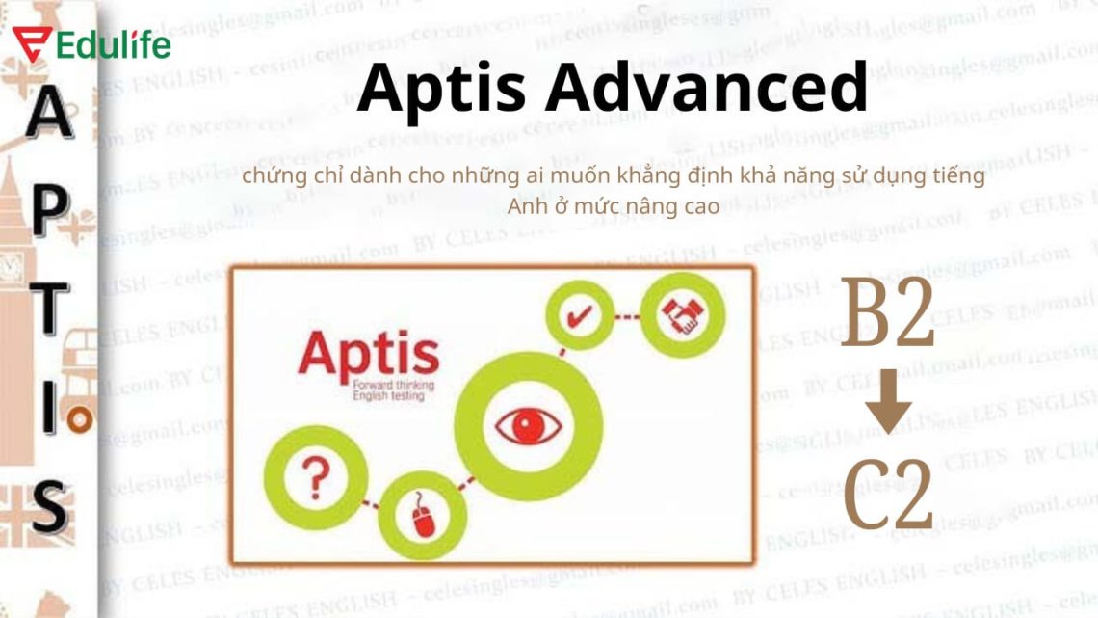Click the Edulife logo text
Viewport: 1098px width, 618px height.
click(114, 44)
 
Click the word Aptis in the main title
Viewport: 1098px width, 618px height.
click(440, 87)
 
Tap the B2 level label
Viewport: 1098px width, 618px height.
click(887, 314)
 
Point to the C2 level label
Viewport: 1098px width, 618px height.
click(887, 495)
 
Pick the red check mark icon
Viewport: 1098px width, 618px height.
click(580, 317)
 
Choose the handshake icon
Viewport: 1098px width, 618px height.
click(682, 315)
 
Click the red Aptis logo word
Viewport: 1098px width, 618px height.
click(368, 356)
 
